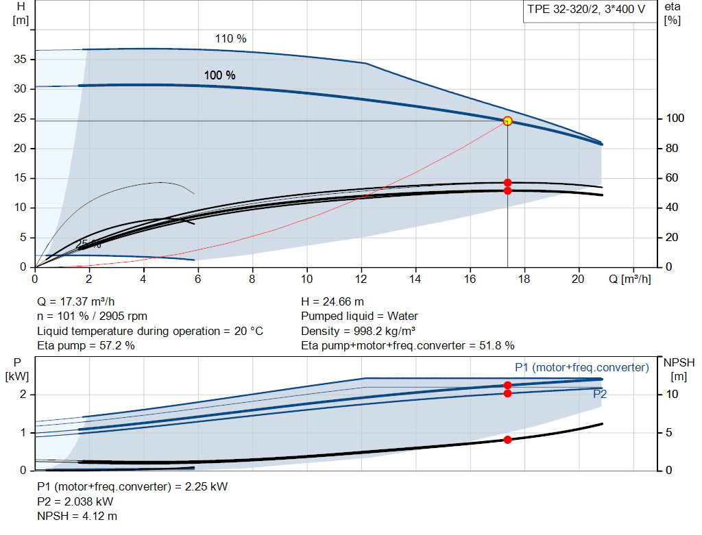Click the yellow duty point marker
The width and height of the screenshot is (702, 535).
(507, 121)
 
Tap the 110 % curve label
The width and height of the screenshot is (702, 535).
(230, 39)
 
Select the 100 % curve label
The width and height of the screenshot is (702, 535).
(219, 75)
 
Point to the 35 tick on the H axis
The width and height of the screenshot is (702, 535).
(19, 60)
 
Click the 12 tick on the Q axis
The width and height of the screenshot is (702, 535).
(361, 279)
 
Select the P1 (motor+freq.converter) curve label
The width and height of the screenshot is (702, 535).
(581, 368)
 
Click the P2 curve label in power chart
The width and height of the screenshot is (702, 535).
(600, 394)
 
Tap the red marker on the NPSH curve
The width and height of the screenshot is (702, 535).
(507, 440)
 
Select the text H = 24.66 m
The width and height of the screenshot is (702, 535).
(332, 301)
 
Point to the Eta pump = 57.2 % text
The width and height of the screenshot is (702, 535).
(86, 346)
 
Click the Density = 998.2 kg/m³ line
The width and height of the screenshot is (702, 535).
(358, 331)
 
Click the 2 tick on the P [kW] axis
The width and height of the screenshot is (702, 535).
(23, 395)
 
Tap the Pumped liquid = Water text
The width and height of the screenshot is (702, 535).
(359, 316)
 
